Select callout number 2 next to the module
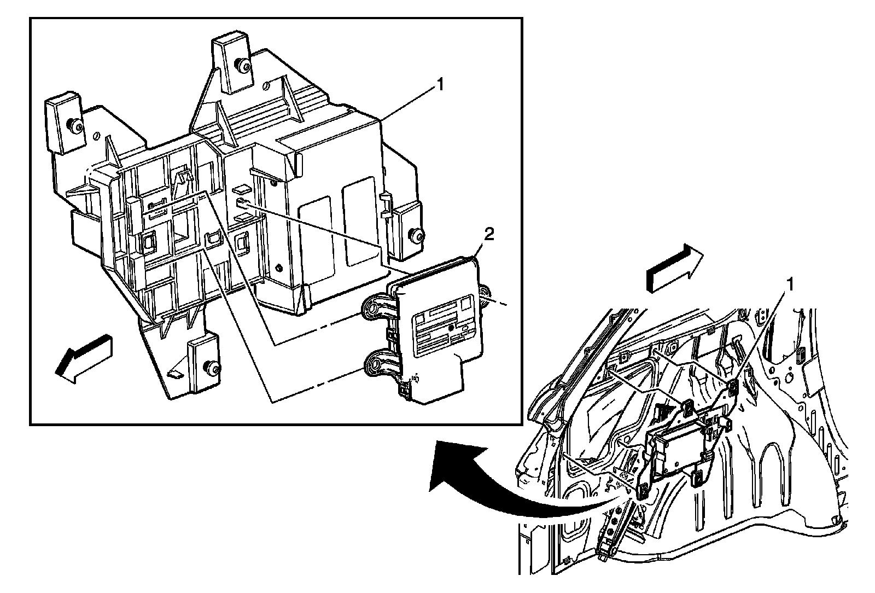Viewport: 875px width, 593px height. click(488, 235)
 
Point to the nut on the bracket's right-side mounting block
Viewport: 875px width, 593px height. click(418, 237)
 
